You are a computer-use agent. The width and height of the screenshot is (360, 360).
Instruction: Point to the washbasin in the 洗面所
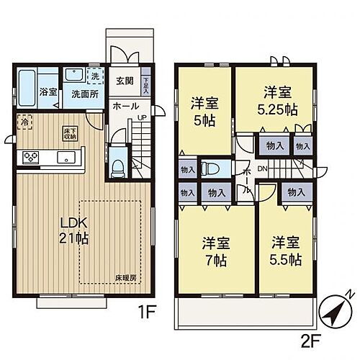pyautogui.click(x=74, y=76)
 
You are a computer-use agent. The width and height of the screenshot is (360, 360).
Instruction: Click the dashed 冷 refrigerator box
pyautogui.click(x=24, y=123)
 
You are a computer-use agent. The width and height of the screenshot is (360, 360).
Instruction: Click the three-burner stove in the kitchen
pyautogui.click(x=32, y=156)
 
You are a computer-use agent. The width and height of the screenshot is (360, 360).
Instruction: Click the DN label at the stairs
pyautogui.click(x=261, y=168)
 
